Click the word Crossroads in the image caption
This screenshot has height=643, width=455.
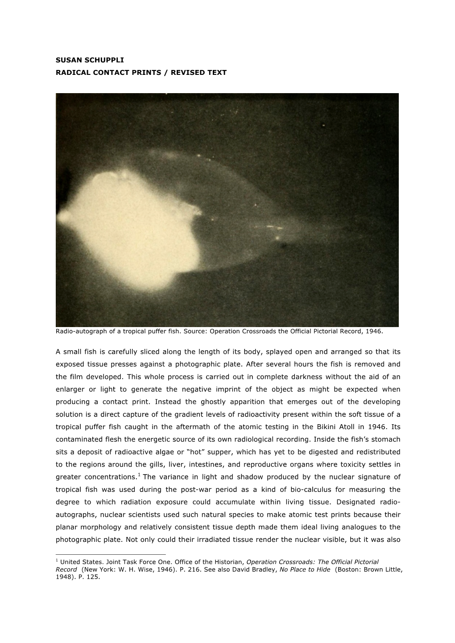[x=253, y=332]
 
